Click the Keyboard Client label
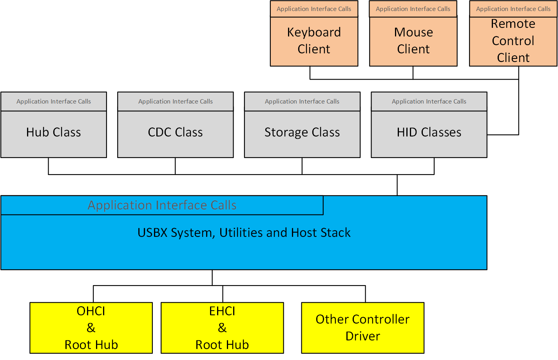(x=314, y=41)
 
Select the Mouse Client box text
(x=413, y=41)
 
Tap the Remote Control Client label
(x=513, y=41)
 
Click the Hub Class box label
(x=54, y=133)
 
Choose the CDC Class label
(x=175, y=133)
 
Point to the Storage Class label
(x=302, y=133)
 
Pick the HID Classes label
(x=429, y=133)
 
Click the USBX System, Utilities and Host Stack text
(x=244, y=233)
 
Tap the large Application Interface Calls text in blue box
(x=162, y=205)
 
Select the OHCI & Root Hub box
(x=91, y=328)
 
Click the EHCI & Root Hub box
(x=222, y=328)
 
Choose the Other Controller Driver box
(x=362, y=328)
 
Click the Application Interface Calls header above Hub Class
(x=54, y=102)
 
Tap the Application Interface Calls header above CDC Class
(x=175, y=102)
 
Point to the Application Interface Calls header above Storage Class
(x=302, y=102)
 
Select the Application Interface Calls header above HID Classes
(x=429, y=102)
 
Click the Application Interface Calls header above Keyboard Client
(x=314, y=9)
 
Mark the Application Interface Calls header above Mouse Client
(x=413, y=9)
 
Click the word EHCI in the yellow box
(x=222, y=311)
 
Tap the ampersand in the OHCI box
(x=91, y=328)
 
